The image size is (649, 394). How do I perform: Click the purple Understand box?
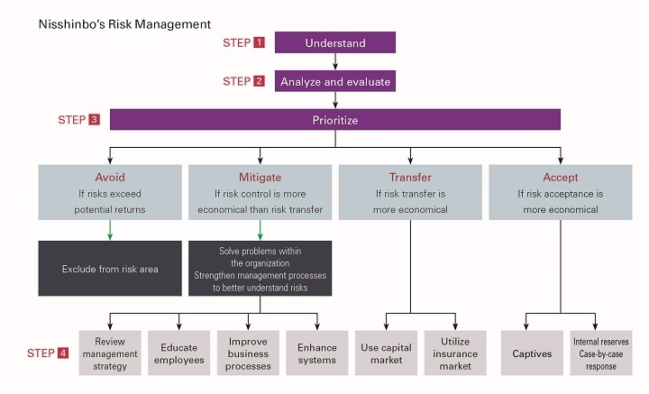(335, 42)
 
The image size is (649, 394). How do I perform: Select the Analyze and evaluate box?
(335, 81)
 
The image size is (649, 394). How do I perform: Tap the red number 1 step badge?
(259, 42)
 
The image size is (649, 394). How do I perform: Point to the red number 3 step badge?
(95, 120)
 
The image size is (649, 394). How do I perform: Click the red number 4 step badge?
(63, 353)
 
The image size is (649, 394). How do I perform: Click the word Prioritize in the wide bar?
(335, 120)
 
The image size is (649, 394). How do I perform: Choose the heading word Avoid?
(110, 177)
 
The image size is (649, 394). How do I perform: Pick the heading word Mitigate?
(260, 177)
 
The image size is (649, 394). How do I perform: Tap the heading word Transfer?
(410, 177)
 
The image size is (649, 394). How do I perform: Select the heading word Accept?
(561, 177)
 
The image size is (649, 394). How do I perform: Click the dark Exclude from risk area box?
(110, 268)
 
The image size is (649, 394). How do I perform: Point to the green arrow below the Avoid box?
(110, 230)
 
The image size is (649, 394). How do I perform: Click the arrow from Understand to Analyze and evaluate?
(335, 61)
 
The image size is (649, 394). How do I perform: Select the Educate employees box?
(178, 353)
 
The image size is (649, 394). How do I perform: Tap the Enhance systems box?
(317, 353)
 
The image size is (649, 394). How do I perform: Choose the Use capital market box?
(386, 353)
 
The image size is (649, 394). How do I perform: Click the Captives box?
(532, 353)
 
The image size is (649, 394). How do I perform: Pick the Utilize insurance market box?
(455, 353)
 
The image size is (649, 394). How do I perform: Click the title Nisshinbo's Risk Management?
(124, 24)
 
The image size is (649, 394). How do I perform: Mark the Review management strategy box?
(110, 353)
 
